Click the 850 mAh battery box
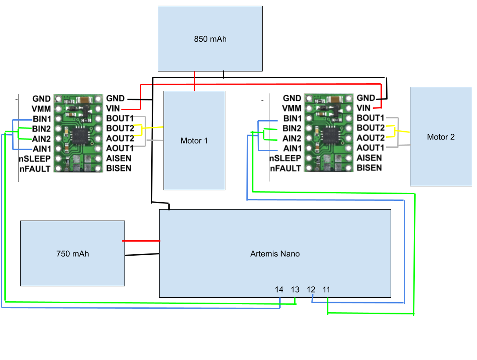point(210,39)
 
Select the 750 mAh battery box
point(72,253)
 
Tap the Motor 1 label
point(194,141)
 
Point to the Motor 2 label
point(441,137)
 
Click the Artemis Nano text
point(275,253)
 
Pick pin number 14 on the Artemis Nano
point(279,289)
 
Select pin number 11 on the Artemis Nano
point(326,289)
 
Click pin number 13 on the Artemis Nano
point(295,289)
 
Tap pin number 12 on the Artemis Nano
point(311,289)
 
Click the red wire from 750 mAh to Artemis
point(141,241)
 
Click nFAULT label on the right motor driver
point(285,168)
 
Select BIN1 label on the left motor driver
point(42,118)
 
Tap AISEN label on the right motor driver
point(369,158)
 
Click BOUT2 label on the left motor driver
point(120,128)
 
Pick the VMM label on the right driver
point(292,108)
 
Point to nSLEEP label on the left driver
point(35,158)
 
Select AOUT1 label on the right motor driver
point(370,148)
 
